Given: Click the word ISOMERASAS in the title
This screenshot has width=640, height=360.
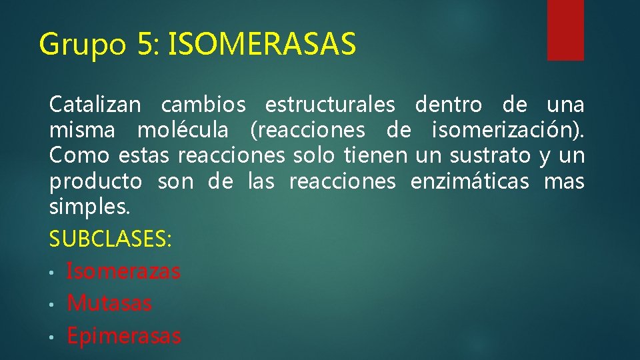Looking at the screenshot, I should tap(263, 45).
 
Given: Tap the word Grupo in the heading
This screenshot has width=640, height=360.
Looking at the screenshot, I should tap(82, 45).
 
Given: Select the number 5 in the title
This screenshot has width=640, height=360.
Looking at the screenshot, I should tap(146, 45).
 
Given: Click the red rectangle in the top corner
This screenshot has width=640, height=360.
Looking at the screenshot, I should tap(565, 29).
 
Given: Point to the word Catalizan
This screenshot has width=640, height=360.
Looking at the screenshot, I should tap(95, 105).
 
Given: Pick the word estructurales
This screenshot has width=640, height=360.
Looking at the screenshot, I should tap(330, 105).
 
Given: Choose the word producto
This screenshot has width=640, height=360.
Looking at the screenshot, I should tap(95, 181).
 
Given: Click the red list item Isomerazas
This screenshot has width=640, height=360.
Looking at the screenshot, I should tap(123, 271).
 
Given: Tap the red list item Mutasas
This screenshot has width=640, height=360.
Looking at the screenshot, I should tap(109, 303).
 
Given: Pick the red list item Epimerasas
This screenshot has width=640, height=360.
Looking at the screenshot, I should tap(124, 336).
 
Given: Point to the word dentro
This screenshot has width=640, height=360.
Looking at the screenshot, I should tap(448, 105).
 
